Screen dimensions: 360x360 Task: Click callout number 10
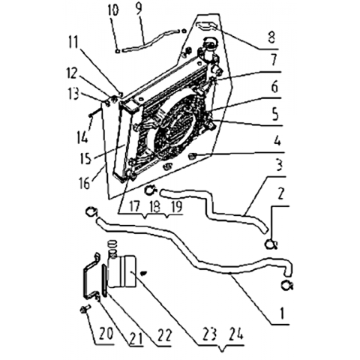click(114, 10)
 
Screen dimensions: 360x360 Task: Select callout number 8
click(271, 37)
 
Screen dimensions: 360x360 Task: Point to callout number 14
click(82, 136)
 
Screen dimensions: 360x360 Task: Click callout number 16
click(84, 184)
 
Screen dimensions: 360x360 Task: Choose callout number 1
click(282, 313)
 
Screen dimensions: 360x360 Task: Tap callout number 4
click(277, 141)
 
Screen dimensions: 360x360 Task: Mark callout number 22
click(164, 335)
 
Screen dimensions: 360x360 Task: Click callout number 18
click(156, 207)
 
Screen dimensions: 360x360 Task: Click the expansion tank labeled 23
click(122, 271)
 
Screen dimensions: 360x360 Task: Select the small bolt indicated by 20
click(83, 310)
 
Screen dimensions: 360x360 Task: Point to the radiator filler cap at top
click(209, 45)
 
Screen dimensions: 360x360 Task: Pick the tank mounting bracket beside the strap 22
click(90, 276)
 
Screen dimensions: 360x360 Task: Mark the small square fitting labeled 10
click(117, 51)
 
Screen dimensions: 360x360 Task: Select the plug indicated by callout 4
click(193, 157)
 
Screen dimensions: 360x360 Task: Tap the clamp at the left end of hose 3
click(151, 191)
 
